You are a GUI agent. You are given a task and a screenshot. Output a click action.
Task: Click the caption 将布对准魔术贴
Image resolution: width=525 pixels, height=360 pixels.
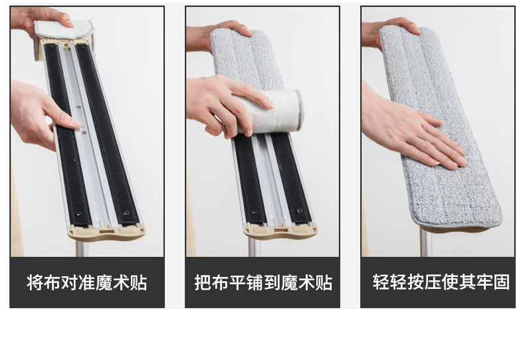coord(86,283)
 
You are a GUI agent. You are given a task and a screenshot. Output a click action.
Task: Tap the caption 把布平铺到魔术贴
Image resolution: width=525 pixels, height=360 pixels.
coord(263,283)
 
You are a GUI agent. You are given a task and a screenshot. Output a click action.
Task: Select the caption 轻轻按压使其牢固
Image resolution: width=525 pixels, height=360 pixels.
coord(441,282)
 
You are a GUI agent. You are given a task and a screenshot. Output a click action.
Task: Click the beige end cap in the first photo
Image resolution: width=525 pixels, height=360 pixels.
coord(107,232)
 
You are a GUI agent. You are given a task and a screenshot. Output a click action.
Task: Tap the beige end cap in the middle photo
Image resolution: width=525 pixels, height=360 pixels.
coord(280,231)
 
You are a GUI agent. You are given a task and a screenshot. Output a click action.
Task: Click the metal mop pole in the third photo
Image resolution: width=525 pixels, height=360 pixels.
coord(426,242)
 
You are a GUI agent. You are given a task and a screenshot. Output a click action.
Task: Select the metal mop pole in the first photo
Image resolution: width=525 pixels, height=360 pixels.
coord(82,248)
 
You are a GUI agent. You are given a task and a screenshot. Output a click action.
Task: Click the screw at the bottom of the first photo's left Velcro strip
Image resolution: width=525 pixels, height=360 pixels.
coord(78,213)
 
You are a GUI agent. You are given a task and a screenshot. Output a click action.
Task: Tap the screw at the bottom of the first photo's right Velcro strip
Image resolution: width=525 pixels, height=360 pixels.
coord(126,213)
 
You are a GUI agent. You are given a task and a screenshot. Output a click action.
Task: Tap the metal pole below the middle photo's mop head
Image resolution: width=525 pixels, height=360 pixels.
coord(255,248)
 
